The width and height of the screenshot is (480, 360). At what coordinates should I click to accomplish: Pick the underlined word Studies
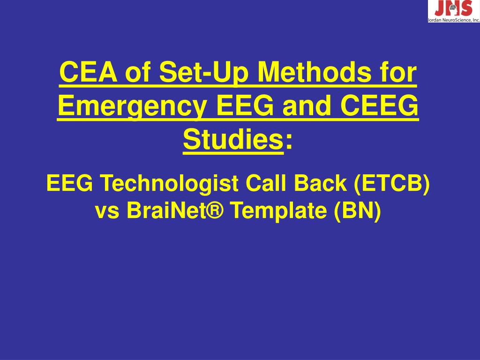click(x=233, y=139)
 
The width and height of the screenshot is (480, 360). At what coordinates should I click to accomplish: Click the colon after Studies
click(x=288, y=141)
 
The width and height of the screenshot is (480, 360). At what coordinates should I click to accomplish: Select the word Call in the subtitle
click(x=265, y=183)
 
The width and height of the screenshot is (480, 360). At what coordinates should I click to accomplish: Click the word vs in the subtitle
click(x=106, y=212)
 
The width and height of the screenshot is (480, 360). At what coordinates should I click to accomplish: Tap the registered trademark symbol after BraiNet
click(x=216, y=211)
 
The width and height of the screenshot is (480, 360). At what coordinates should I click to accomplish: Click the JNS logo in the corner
click(x=453, y=8)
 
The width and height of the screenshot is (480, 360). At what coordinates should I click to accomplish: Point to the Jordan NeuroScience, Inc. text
click(x=453, y=20)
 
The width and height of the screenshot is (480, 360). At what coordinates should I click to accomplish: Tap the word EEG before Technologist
click(x=69, y=183)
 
